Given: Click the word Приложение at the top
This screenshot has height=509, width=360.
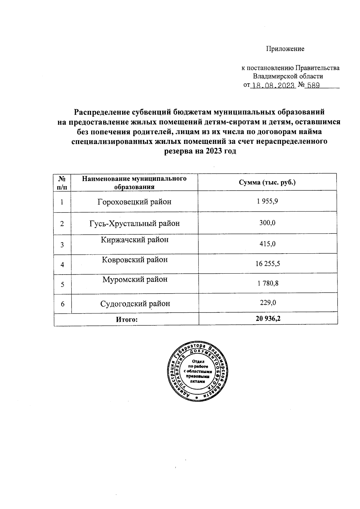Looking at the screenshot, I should point(285,49).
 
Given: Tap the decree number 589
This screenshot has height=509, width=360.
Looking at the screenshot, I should point(312,86).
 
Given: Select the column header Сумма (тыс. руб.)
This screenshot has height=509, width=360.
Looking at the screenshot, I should point(267,182).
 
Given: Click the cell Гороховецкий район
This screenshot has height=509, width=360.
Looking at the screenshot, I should point(134,202).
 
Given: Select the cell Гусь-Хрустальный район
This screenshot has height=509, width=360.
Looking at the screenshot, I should point(134,223).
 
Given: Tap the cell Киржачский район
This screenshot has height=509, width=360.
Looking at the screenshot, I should point(134,240).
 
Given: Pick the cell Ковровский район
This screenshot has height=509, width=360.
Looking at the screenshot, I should point(134,260).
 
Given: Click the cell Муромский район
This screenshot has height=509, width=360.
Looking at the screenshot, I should point(134,279).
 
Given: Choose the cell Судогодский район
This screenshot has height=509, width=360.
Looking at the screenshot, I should point(135,304).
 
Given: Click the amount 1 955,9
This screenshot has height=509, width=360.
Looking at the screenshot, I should point(267,201).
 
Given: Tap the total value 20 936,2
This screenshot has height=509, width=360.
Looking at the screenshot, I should point(268,319).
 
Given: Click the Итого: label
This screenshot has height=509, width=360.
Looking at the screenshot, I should point(127,320).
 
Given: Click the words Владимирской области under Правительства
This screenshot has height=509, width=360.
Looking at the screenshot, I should point(288,76).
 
